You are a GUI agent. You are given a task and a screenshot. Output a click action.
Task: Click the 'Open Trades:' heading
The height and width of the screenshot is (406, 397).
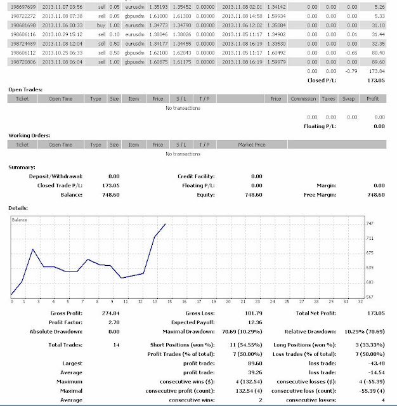[x=25, y=90]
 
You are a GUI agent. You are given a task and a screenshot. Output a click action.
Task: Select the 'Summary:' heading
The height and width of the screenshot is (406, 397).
[x=22, y=167]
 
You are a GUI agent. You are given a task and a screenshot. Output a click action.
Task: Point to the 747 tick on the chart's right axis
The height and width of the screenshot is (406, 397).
[x=370, y=224]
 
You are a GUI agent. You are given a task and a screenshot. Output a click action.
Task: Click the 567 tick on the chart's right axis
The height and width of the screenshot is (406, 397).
[x=370, y=296]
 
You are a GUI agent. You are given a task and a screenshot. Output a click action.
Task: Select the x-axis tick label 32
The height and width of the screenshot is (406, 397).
[x=361, y=302]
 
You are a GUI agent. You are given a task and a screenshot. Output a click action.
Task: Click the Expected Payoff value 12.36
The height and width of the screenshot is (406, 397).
[x=253, y=322]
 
